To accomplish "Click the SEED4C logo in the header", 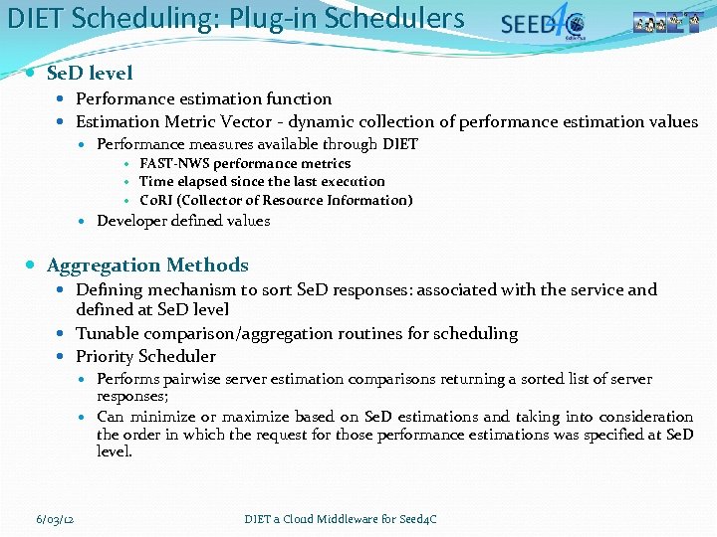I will pyautogui.click(x=543, y=23).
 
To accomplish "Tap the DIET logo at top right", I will pyautogui.click(x=673, y=23).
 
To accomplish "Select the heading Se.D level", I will pyautogui.click(x=90, y=73).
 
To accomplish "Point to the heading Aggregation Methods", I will pyautogui.click(x=147, y=266).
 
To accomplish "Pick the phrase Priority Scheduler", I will pyautogui.click(x=145, y=356).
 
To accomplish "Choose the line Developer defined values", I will pyautogui.click(x=183, y=221).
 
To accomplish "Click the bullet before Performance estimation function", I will pyautogui.click(x=62, y=98).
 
